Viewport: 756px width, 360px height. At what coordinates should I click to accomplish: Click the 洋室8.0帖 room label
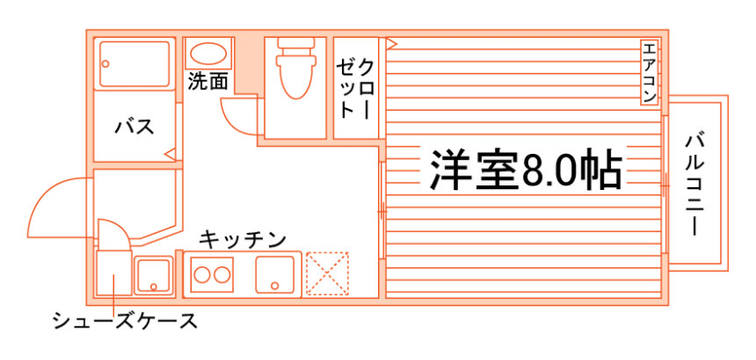click(x=526, y=168)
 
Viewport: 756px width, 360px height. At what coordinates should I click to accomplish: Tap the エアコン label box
click(x=650, y=71)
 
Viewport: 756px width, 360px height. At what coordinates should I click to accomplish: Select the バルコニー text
click(x=694, y=183)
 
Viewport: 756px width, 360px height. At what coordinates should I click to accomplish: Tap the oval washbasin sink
click(x=209, y=53)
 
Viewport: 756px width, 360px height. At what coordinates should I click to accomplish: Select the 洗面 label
click(x=208, y=81)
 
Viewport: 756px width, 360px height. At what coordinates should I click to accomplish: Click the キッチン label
click(x=242, y=239)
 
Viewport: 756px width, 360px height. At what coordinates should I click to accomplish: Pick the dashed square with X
click(x=326, y=274)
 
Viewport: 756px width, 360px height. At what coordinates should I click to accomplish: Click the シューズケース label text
click(x=124, y=321)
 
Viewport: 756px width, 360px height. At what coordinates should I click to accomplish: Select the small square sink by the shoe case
click(x=154, y=274)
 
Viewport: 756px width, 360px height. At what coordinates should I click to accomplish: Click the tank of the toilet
click(x=294, y=45)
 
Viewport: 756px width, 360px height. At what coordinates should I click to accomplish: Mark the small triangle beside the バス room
click(x=169, y=154)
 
